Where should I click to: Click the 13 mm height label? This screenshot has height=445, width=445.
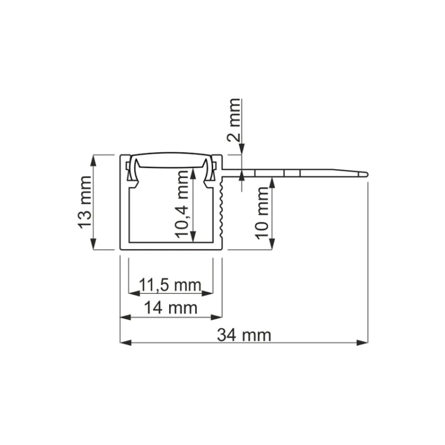(x=85, y=202)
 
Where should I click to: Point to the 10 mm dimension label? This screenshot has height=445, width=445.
(x=262, y=213)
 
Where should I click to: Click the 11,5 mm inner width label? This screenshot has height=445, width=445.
(x=170, y=285)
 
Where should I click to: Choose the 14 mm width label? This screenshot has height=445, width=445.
(x=171, y=307)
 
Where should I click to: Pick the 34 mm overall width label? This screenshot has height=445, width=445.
(x=244, y=335)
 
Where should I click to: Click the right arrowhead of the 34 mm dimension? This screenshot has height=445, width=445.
(x=363, y=342)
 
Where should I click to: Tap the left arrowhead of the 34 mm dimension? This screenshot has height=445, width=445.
(x=126, y=342)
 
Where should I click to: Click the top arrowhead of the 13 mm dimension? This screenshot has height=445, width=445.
(x=93, y=160)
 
